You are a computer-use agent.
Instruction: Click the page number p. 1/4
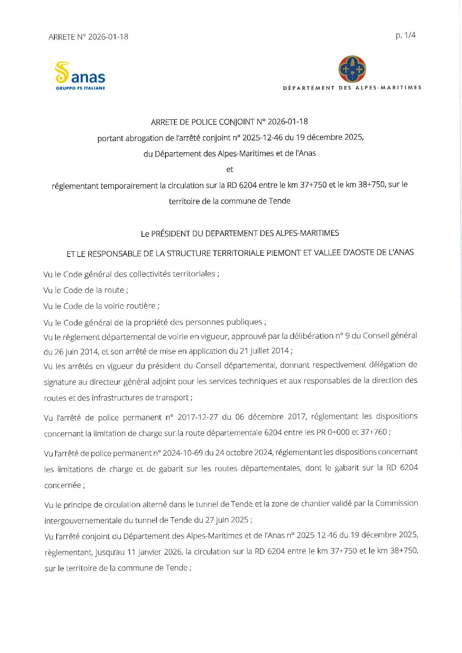click(405, 35)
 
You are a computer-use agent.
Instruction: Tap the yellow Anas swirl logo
click(62, 72)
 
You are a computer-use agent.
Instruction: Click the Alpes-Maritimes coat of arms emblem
click(352, 69)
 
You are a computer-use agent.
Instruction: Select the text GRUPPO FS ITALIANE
click(80, 88)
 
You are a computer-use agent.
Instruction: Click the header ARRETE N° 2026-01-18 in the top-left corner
click(88, 36)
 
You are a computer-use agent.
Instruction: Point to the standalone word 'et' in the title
click(230, 169)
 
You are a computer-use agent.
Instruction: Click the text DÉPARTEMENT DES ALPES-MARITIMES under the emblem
click(352, 88)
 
